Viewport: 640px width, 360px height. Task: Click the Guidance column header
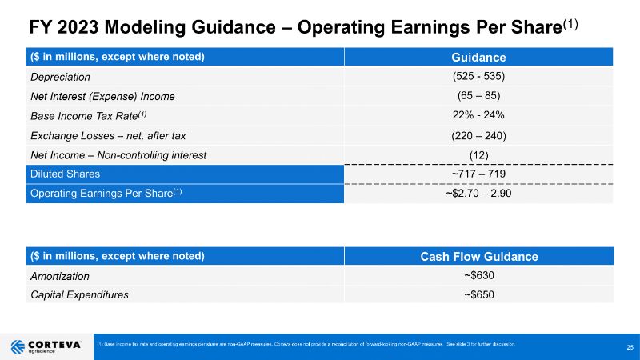478,58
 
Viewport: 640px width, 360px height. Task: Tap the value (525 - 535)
478,77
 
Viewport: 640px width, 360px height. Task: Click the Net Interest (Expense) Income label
102,96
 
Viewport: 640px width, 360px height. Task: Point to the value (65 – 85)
478,96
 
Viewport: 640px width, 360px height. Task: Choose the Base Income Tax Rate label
88,115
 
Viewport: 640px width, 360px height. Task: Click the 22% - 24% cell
478,115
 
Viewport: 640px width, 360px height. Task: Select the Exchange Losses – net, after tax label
108,134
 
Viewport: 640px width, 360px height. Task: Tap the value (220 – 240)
478,134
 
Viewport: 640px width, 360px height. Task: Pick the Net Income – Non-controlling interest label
118,154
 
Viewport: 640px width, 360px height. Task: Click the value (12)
478,154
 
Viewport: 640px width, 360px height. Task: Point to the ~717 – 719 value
478,174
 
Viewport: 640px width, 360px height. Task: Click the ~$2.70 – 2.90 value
478,193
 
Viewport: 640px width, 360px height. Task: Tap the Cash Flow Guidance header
478,256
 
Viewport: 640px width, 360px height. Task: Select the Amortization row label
60,275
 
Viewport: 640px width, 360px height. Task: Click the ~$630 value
478,275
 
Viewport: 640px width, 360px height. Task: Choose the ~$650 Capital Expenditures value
478,294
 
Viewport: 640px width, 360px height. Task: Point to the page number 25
630,346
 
